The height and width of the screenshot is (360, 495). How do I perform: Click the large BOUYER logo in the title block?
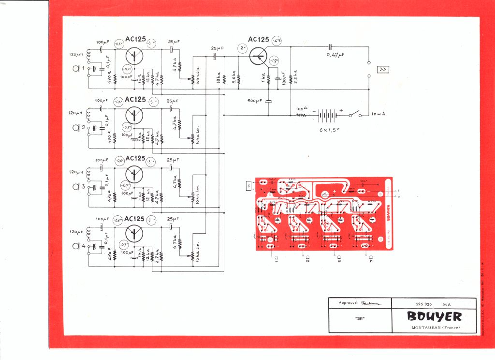click(x=434, y=316)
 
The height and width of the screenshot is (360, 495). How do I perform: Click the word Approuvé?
click(x=348, y=303)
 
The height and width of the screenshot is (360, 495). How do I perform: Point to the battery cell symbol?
click(x=328, y=115)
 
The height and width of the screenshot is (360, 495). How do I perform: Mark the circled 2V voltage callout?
click(x=243, y=48)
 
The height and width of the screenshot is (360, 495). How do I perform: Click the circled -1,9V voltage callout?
click(x=274, y=61)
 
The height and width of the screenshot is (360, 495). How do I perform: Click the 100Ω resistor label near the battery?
click(x=302, y=109)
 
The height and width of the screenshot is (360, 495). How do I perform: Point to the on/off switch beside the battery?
click(x=357, y=115)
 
